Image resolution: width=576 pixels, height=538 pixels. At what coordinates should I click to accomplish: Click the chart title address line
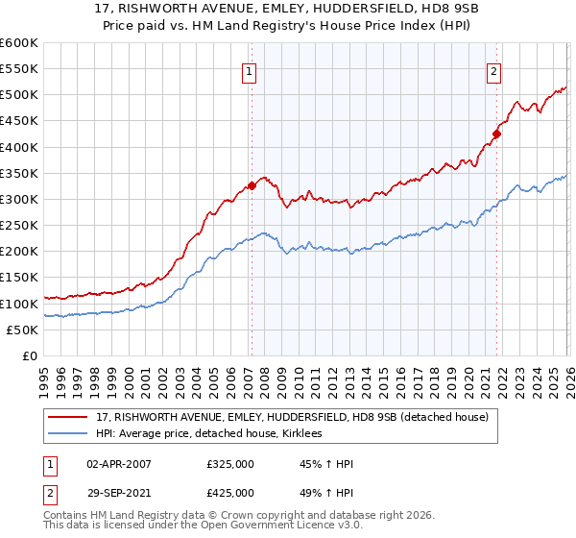tap(287, 10)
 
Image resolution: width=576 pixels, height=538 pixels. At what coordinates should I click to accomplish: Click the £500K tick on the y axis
tap(19, 95)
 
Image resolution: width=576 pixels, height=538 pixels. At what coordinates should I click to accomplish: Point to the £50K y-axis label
tap(23, 330)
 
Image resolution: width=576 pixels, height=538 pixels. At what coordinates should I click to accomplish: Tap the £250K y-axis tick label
tap(19, 226)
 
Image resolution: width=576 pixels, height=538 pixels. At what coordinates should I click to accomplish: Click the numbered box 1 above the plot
tap(250, 70)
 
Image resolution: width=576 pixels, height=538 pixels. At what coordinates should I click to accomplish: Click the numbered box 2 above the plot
tap(493, 70)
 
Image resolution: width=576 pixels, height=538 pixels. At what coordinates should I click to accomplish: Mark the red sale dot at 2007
tap(252, 185)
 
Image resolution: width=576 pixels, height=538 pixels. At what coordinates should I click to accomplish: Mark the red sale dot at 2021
tap(497, 134)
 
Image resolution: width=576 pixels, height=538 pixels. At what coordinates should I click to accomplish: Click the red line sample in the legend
tap(69, 417)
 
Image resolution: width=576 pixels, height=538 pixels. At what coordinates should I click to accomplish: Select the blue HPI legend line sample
tap(69, 434)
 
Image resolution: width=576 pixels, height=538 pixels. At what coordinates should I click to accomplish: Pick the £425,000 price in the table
tap(230, 492)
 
